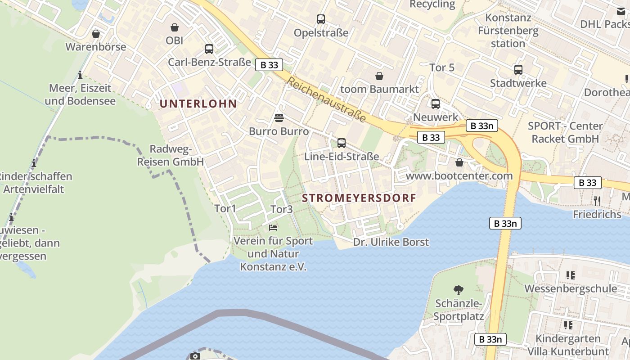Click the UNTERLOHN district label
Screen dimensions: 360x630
pyautogui.click(x=198, y=103)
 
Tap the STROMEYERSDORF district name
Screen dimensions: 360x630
pyautogui.click(x=359, y=198)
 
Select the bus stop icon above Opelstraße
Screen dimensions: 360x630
pyautogui.click(x=320, y=19)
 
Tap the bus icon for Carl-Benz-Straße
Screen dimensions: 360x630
pyautogui.click(x=209, y=49)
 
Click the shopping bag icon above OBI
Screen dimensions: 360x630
pyautogui.click(x=174, y=28)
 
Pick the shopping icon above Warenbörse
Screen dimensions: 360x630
pyautogui.click(x=95, y=34)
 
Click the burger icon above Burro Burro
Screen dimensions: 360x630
pyautogui.click(x=279, y=118)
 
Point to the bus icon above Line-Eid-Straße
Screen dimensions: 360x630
pyautogui.click(x=342, y=143)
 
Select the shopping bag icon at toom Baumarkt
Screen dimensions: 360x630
pyautogui.click(x=379, y=76)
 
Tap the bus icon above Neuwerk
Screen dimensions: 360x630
pyautogui.click(x=435, y=104)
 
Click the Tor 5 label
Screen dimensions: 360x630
pyautogui.click(x=442, y=68)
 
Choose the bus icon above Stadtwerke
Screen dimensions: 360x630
pyautogui.click(x=518, y=70)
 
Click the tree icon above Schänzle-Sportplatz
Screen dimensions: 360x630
pyautogui.click(x=459, y=290)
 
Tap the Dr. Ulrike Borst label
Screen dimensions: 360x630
pyautogui.click(x=391, y=242)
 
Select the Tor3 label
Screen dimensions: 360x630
pyautogui.click(x=282, y=209)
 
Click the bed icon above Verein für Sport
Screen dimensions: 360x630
pyautogui.click(x=273, y=228)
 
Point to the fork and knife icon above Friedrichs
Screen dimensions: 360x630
pyautogui.click(x=597, y=201)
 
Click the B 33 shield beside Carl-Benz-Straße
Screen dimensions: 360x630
pyautogui.click(x=269, y=65)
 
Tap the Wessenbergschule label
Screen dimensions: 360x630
pyautogui.click(x=570, y=288)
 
